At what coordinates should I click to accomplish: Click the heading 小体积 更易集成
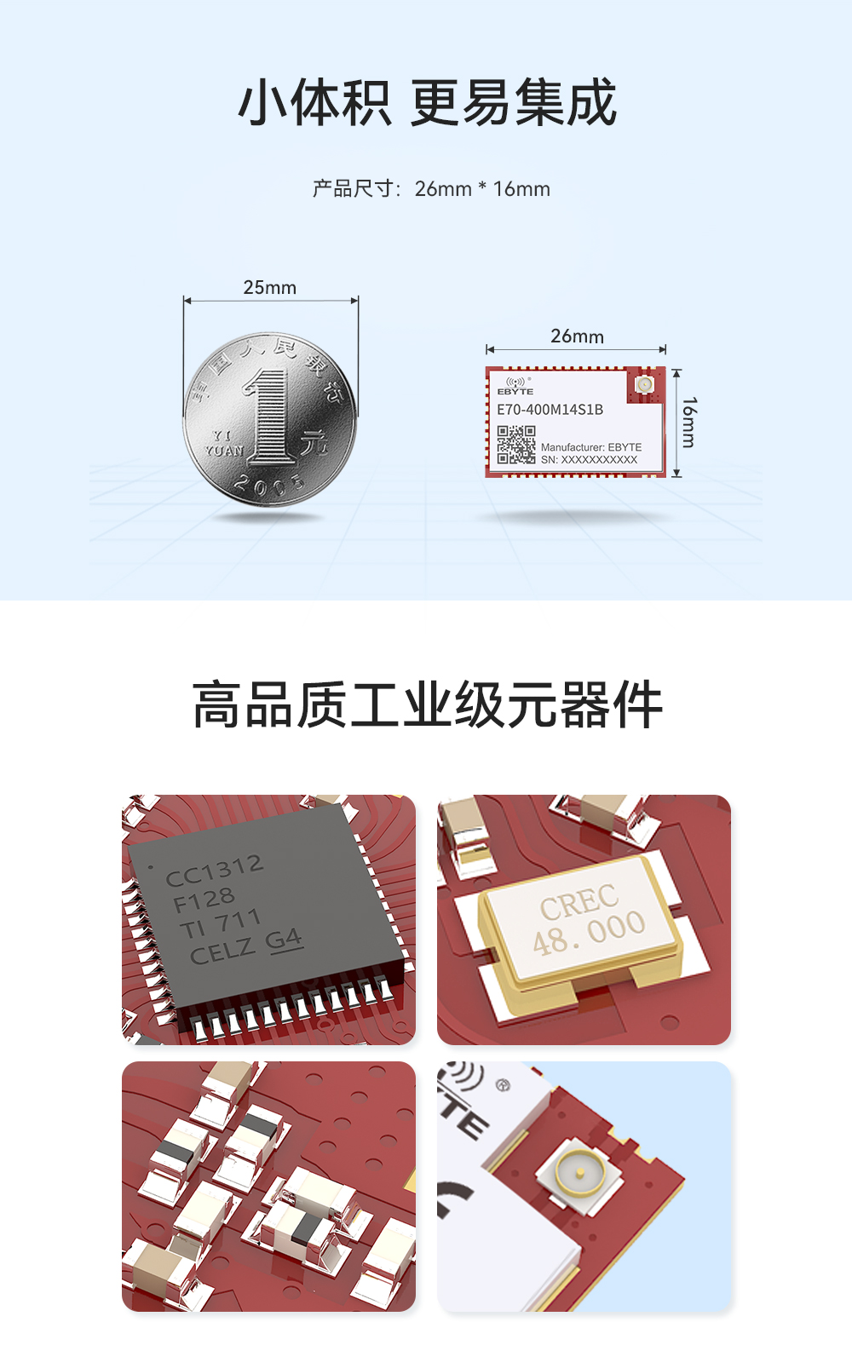[427, 103]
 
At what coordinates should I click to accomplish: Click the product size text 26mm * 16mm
[482, 189]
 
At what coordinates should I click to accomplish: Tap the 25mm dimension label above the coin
[270, 288]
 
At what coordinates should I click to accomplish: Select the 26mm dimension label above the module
[577, 336]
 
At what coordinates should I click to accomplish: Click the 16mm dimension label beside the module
[688, 422]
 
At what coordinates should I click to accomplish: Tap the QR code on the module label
[516, 445]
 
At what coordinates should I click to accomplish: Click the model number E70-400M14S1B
[550, 410]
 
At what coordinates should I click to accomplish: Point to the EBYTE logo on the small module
[515, 387]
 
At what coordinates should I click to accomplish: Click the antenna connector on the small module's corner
[645, 386]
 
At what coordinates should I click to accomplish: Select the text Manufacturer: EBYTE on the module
[591, 447]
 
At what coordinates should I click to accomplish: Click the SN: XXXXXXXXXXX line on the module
[589, 460]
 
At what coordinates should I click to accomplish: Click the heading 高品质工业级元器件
[427, 705]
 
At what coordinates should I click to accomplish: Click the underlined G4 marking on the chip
[284, 940]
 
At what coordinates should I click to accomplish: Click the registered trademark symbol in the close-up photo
[503, 1085]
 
